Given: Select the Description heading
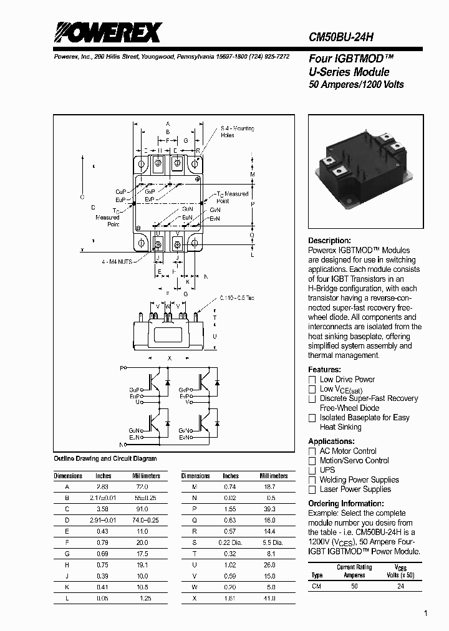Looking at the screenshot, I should point(329,241).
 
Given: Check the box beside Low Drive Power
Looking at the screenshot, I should point(312,380).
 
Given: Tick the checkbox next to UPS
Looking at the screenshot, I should point(312,470).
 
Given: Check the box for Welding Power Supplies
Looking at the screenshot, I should point(312,480).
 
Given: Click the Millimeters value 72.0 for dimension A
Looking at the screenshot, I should point(142,486).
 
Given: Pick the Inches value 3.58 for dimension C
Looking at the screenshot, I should point(103,509).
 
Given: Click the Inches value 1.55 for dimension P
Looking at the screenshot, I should point(231,509).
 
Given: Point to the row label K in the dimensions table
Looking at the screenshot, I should point(67,587).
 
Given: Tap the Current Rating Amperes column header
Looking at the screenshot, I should point(355,571).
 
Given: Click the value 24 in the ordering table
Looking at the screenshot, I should point(401,587).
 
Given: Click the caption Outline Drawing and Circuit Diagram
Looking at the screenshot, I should point(105,459).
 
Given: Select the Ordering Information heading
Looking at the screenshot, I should point(341,504).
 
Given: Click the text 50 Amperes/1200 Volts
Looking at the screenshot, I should point(356,85).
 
